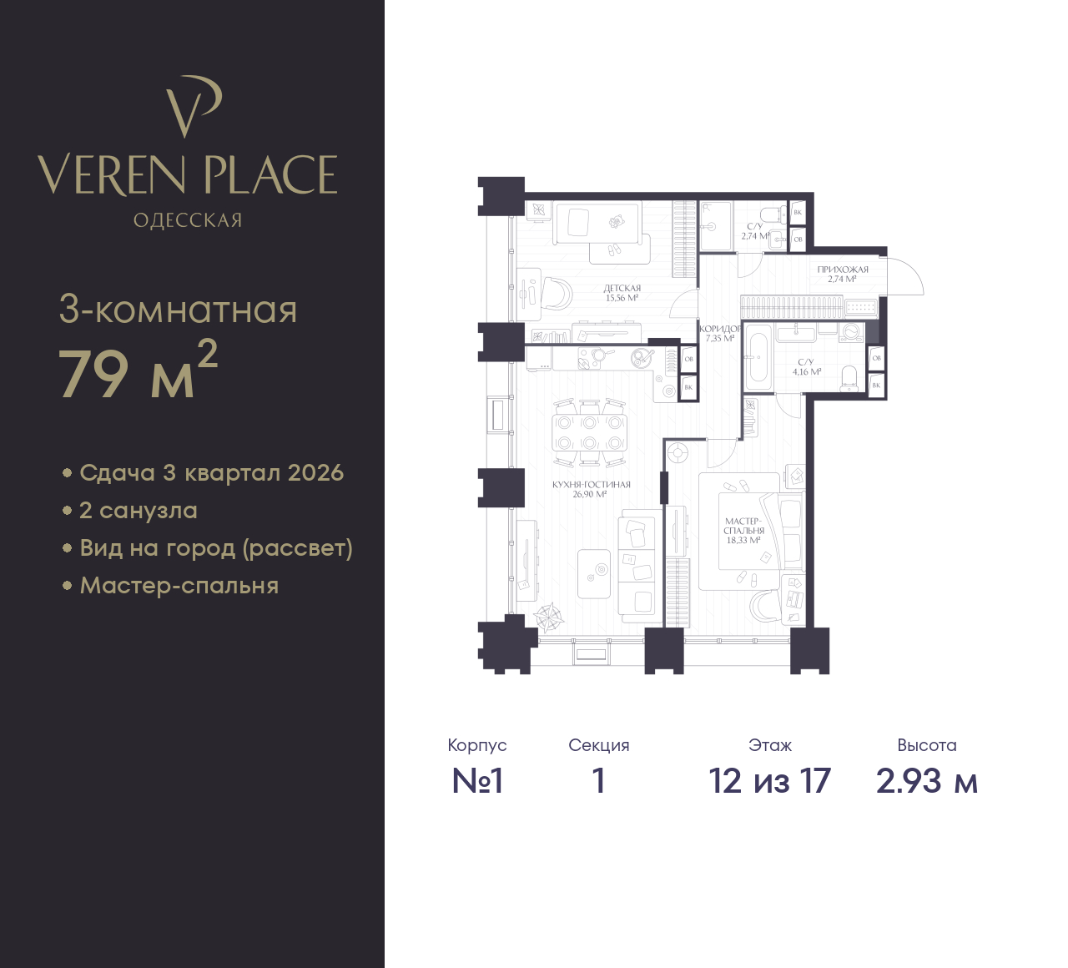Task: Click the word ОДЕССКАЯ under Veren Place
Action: click(x=188, y=220)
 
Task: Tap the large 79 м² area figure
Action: click(x=138, y=370)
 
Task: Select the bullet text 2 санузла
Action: click(x=139, y=511)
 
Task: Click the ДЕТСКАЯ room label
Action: click(x=622, y=288)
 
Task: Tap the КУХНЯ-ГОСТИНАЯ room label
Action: click(x=591, y=485)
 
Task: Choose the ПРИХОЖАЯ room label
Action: click(x=842, y=270)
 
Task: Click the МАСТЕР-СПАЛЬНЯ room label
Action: click(x=743, y=526)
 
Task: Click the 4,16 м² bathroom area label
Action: click(x=807, y=371)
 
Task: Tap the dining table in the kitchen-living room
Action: click(x=589, y=432)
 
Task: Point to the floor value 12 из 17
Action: click(x=769, y=781)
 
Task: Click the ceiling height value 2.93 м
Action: click(x=927, y=781)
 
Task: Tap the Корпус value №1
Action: click(x=477, y=781)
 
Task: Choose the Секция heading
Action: click(x=599, y=745)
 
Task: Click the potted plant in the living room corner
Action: click(x=549, y=618)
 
